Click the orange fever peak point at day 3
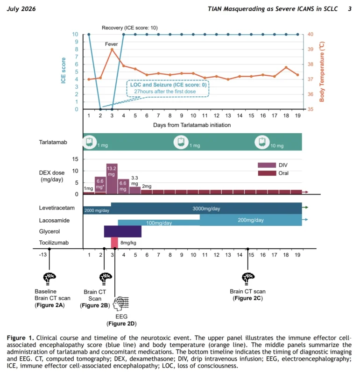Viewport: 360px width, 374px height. pyautogui.click(x=112, y=50)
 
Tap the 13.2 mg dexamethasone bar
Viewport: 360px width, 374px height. pyautogui.click(x=112, y=179)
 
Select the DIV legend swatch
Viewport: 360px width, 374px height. pyautogui.click(x=267, y=165)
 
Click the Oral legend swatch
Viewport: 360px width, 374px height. pyautogui.click(x=267, y=173)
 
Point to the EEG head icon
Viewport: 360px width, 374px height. pyautogui.click(x=121, y=303)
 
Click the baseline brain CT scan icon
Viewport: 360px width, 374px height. pyautogui.click(x=49, y=279)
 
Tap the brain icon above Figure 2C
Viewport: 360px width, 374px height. pyautogui.click(x=248, y=279)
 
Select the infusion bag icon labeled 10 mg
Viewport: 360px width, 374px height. pyautogui.click(x=262, y=142)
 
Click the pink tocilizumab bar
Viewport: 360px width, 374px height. pyautogui.click(x=114, y=243)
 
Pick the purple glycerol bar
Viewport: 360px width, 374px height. pyautogui.click(x=123, y=231)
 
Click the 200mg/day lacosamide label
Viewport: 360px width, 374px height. pyautogui.click(x=251, y=220)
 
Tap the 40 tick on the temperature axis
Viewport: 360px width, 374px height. pyautogui.click(x=310, y=34)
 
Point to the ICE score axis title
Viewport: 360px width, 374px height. pyautogui.click(x=63, y=71)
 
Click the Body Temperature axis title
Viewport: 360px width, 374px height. pyautogui.click(x=322, y=72)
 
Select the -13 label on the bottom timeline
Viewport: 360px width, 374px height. pyautogui.click(x=43, y=255)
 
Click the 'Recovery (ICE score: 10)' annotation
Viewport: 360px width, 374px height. pyautogui.click(x=130, y=28)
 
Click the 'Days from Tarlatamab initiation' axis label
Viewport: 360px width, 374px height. pyautogui.click(x=192, y=125)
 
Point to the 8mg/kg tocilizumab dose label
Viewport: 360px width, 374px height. pyautogui.click(x=128, y=243)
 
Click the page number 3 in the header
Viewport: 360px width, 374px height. pyautogui.click(x=350, y=9)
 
